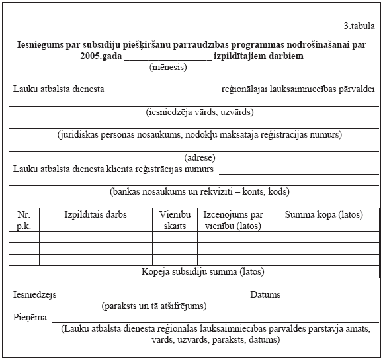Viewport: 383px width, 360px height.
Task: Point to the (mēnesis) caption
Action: (x=168, y=67)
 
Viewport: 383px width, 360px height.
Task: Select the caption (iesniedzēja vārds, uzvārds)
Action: (x=200, y=112)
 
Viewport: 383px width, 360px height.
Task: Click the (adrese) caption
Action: (x=200, y=157)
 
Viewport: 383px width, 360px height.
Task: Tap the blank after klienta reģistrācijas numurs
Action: (x=298, y=171)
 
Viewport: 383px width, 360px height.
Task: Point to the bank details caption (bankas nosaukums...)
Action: (x=200, y=192)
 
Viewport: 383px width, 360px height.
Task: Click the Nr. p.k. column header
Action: (x=24, y=220)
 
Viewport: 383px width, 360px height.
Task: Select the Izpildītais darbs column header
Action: (x=96, y=215)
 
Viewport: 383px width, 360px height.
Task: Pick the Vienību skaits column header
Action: (x=175, y=220)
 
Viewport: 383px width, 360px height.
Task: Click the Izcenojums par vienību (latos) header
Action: (x=233, y=220)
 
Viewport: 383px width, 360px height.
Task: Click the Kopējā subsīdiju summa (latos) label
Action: (x=203, y=271)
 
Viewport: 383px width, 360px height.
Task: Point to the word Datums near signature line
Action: (x=265, y=295)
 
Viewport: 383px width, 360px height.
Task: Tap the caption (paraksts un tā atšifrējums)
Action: (x=154, y=306)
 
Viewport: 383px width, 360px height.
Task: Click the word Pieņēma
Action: (x=30, y=318)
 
